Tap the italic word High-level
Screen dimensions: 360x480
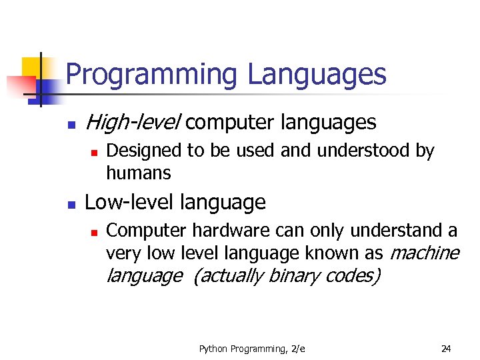click(x=133, y=123)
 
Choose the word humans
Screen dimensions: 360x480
click(x=139, y=173)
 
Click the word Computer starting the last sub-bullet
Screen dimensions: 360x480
click(x=147, y=231)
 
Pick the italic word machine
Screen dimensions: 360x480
click(x=424, y=253)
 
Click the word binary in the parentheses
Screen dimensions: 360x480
click(x=294, y=275)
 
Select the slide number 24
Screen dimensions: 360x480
click(x=446, y=348)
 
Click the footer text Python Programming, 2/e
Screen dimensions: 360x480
click(x=252, y=348)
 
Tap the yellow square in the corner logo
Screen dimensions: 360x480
click(x=31, y=67)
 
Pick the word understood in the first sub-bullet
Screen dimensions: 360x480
click(x=363, y=151)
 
